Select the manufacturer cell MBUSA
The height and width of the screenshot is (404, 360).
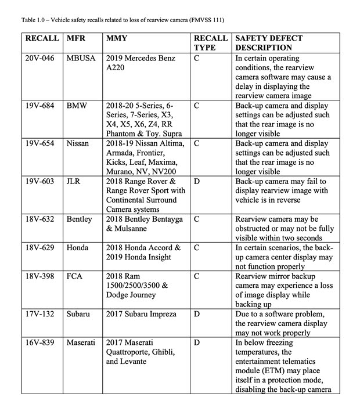coord(81,59)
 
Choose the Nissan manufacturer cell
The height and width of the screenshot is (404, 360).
coord(78,144)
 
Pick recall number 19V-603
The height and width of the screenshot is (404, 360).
coord(41,182)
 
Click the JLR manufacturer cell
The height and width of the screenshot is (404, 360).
coord(75,182)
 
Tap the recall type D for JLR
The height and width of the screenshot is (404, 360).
coord(197,182)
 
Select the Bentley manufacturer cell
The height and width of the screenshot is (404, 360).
coord(80,219)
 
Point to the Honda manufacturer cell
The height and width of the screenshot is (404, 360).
coord(78,248)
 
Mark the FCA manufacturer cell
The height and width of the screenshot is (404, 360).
coord(75,276)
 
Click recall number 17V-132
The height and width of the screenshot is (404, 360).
coord(41,314)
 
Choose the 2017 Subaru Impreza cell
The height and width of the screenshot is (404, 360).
coord(139,314)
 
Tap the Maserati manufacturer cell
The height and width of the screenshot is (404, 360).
coord(81,342)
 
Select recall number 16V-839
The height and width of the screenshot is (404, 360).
coord(41,342)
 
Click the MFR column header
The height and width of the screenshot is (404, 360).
coord(77,38)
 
